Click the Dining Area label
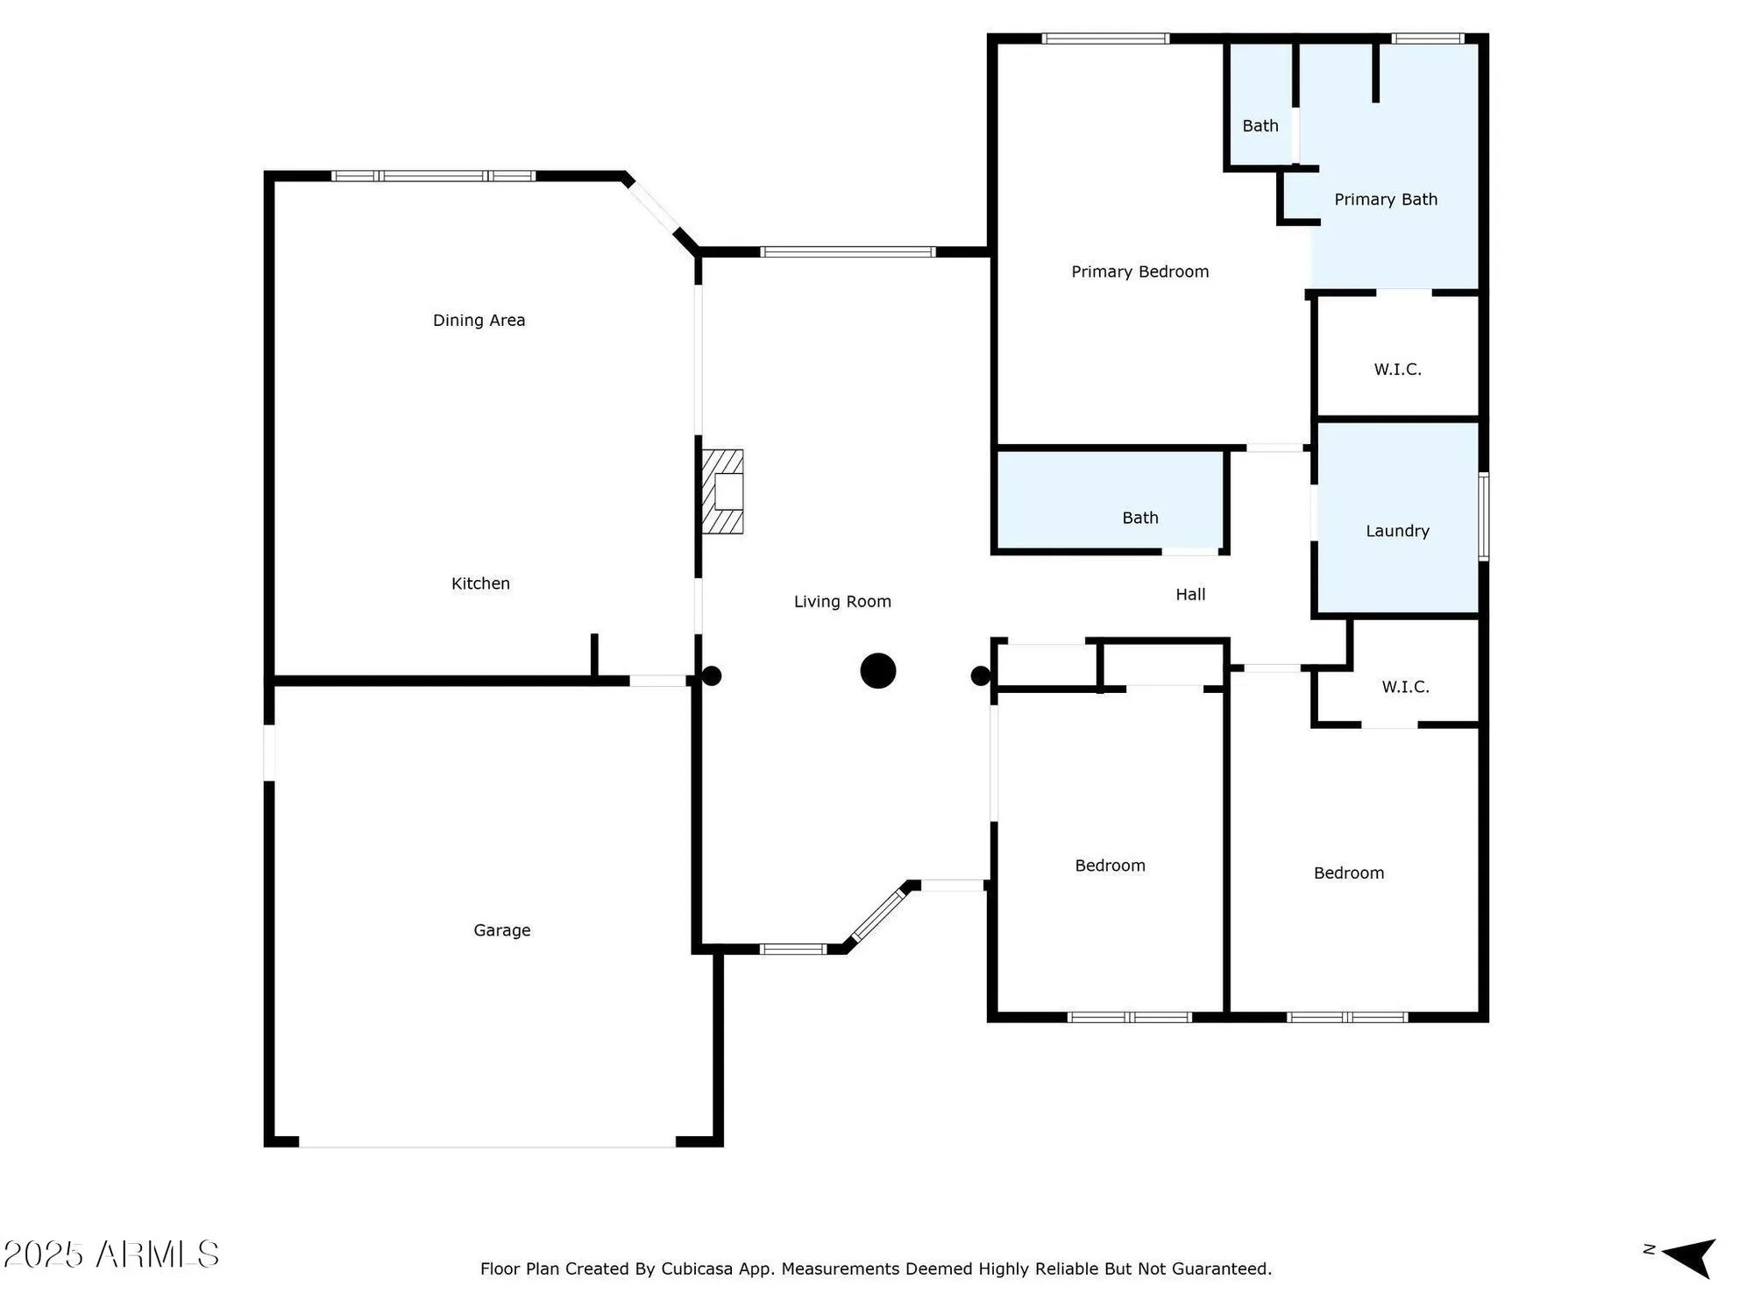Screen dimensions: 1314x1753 point(479,321)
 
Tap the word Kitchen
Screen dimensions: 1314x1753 point(480,583)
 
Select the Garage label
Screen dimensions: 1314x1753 point(501,930)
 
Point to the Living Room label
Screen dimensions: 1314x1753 point(842,602)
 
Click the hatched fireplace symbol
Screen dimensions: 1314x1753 point(723,491)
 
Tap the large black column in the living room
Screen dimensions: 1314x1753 point(877,671)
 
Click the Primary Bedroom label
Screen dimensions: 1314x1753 point(1139,272)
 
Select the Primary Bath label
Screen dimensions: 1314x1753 point(1385,200)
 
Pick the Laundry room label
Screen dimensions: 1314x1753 point(1397,531)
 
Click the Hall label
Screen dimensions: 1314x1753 point(1190,595)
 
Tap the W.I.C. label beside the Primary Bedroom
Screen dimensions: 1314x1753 point(1397,370)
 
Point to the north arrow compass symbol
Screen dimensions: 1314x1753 point(1688,1258)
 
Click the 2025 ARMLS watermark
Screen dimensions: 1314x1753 point(110,1254)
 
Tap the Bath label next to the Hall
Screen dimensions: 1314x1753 point(1139,519)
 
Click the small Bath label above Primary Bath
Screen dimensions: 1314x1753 point(1260,126)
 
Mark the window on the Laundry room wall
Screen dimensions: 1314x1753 point(1483,517)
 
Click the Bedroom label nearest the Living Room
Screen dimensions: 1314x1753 point(1110,865)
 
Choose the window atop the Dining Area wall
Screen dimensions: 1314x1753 point(433,176)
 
